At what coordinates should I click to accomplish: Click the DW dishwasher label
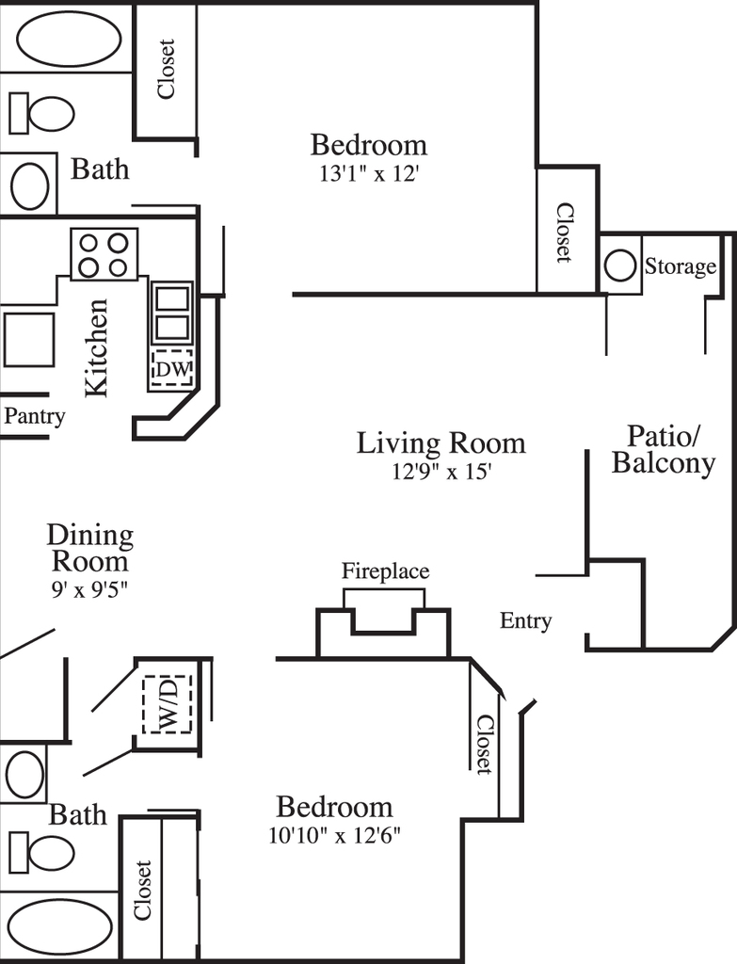click(x=174, y=369)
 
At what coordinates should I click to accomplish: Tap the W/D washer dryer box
click(x=168, y=704)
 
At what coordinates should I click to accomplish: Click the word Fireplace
click(x=385, y=571)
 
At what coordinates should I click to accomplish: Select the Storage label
click(x=680, y=266)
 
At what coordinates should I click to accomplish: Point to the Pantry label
click(x=35, y=416)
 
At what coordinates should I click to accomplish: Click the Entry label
click(x=525, y=621)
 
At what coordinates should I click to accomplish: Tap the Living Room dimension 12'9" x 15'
click(x=442, y=472)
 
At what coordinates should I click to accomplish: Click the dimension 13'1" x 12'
click(x=369, y=174)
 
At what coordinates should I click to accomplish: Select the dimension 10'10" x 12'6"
click(x=335, y=836)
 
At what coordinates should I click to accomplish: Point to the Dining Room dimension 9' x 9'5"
click(x=89, y=589)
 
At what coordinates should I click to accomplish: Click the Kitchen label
click(x=97, y=348)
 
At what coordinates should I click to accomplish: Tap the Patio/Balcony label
click(x=664, y=450)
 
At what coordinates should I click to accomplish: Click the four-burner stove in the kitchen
click(x=104, y=254)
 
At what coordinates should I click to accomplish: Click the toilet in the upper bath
click(x=41, y=113)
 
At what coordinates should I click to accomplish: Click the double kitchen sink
click(x=172, y=313)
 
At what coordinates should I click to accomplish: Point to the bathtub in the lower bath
click(x=59, y=927)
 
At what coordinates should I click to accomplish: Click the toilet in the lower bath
click(x=41, y=853)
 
